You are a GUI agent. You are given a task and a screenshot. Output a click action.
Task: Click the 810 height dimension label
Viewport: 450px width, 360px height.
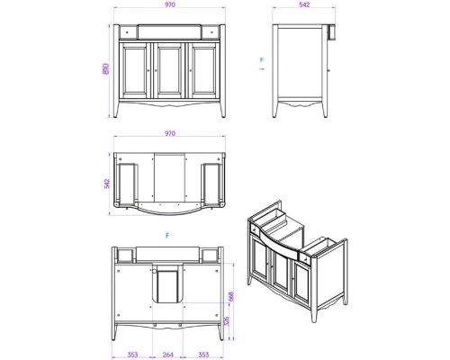tap(106, 68)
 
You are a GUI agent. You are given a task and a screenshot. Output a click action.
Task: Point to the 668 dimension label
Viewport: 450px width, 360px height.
tap(230, 297)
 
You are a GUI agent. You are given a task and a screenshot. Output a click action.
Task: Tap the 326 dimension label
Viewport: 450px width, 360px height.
tap(227, 321)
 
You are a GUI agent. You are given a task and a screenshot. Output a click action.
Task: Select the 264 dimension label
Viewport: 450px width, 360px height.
tap(168, 355)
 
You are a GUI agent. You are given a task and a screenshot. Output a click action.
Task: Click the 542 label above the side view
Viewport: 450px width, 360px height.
tap(304, 4)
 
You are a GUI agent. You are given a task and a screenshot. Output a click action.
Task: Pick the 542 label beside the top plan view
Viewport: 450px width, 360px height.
tap(107, 184)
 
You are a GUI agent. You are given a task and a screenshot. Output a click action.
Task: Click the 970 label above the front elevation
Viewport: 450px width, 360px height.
tap(170, 4)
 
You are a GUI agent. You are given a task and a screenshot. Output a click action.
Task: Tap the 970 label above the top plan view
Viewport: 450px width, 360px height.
tap(170, 133)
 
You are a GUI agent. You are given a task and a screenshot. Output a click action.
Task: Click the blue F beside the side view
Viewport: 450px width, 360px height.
tap(262, 60)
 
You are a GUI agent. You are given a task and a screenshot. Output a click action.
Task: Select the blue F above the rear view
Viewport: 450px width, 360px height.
tap(167, 236)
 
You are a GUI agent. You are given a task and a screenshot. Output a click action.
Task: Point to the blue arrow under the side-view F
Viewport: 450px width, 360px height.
tap(262, 69)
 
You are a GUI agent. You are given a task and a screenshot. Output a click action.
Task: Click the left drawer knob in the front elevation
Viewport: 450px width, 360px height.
tap(127, 31)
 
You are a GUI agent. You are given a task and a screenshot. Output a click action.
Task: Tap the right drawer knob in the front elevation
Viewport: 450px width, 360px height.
tap(212, 31)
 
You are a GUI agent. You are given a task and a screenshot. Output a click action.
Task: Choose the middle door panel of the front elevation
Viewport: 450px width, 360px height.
tap(170, 70)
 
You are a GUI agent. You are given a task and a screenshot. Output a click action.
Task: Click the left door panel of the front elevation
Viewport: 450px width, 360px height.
tap(135, 70)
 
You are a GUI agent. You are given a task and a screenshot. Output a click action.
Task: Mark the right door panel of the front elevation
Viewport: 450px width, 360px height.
tap(204, 70)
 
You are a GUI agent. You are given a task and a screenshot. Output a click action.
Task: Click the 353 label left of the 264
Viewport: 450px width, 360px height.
tap(132, 355)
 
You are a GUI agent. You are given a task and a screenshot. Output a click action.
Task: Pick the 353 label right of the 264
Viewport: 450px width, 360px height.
tap(203, 355)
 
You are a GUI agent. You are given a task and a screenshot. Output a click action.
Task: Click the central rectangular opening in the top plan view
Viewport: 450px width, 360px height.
tap(169, 177)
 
